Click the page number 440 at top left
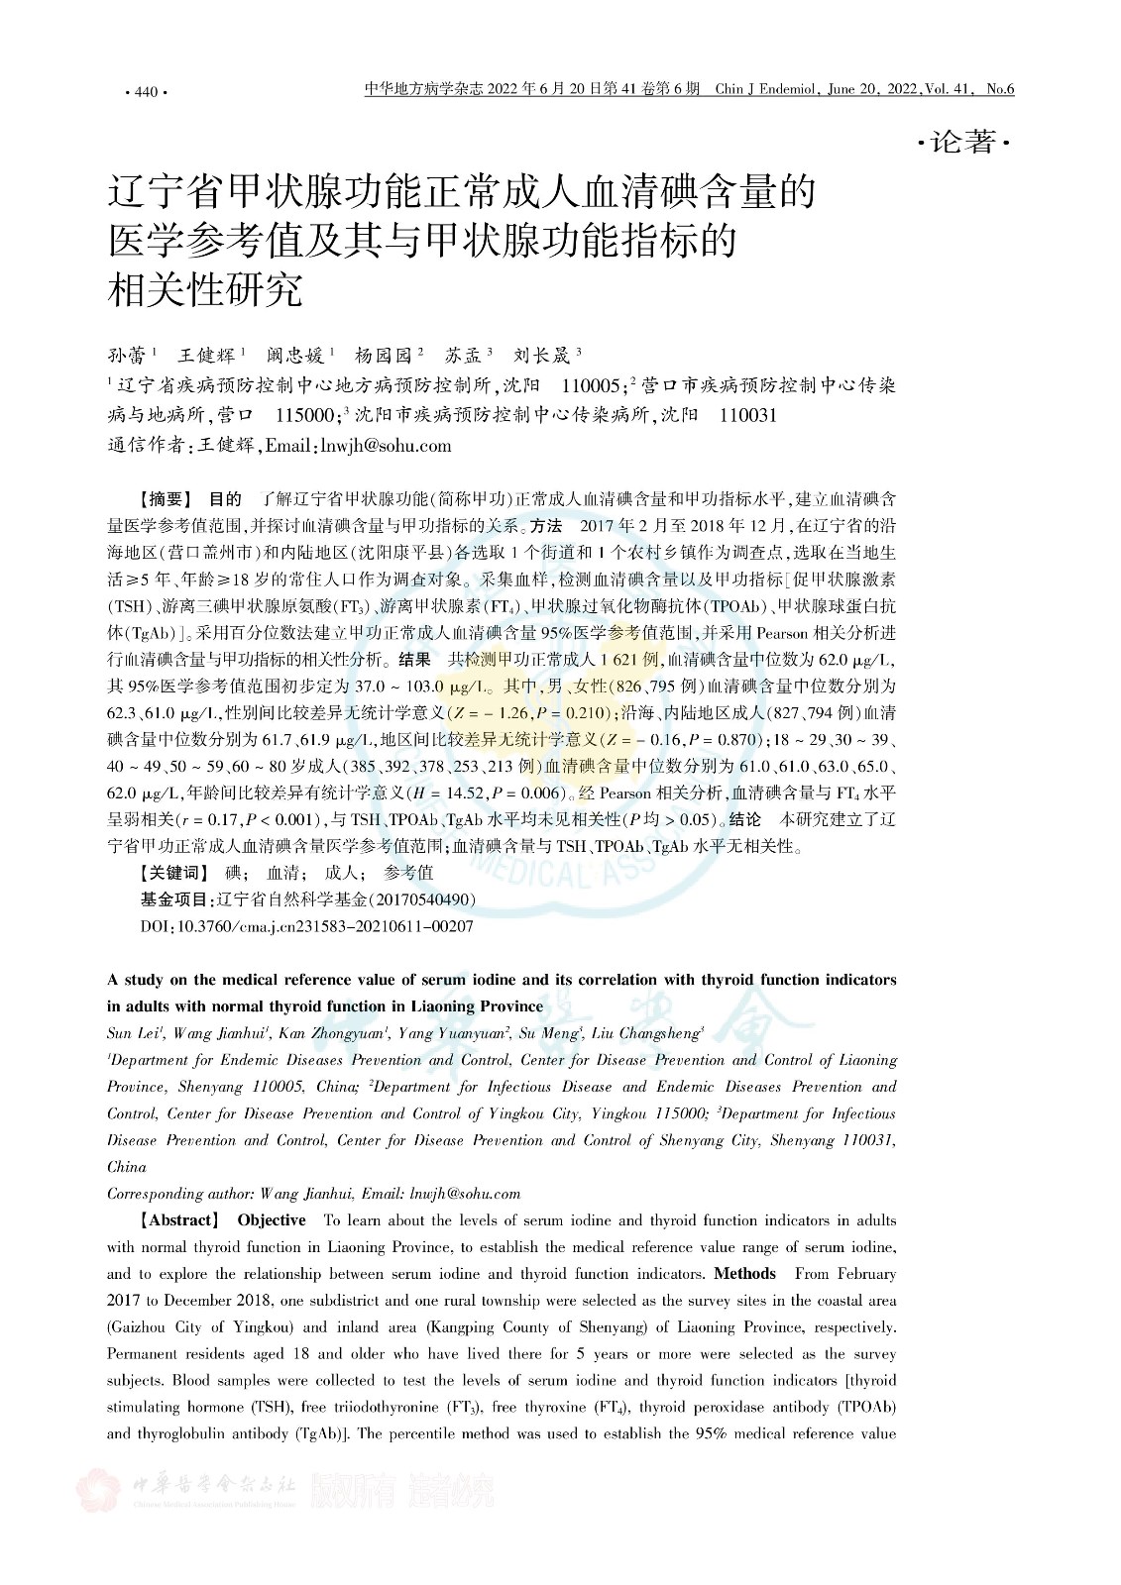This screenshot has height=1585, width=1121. (145, 92)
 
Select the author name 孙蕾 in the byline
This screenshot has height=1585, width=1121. (125, 355)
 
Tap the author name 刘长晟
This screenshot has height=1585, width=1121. (543, 355)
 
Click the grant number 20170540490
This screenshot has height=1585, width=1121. (423, 899)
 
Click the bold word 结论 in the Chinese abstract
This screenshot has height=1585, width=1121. (745, 819)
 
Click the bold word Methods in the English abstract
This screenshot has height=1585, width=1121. (744, 1274)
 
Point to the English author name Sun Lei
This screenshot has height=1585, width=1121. (133, 1033)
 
